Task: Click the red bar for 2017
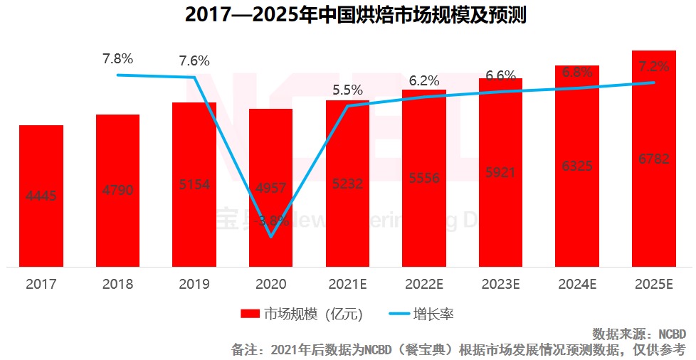[x=41, y=196]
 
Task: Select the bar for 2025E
[x=654, y=158]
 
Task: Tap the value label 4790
[x=117, y=190]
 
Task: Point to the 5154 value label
[x=194, y=184]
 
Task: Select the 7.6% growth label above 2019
[x=194, y=61]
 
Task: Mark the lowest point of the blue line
[x=271, y=236]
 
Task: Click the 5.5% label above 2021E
[x=347, y=90]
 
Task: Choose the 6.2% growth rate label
[x=424, y=81]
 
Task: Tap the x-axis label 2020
[x=271, y=285]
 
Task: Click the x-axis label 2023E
[x=501, y=285]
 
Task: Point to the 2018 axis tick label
[x=117, y=285]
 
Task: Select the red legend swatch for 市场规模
[x=250, y=314]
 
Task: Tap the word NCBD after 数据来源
[x=671, y=334]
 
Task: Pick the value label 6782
[x=654, y=159]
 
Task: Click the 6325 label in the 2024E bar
[x=577, y=166]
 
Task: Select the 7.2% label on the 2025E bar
[x=654, y=66]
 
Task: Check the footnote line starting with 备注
[x=458, y=349]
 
